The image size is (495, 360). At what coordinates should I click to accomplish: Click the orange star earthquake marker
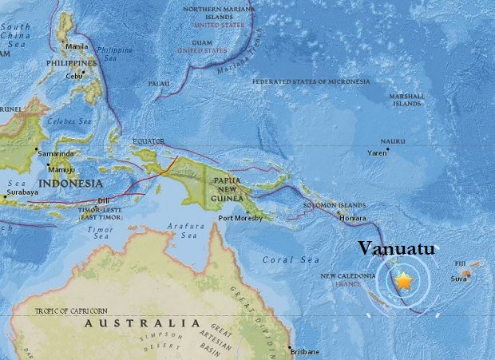pyautogui.click(x=404, y=281)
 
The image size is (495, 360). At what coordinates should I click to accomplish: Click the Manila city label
pyautogui.click(x=77, y=46)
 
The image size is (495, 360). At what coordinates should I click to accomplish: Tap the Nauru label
pyautogui.click(x=393, y=140)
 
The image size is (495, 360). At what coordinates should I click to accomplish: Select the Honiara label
pyautogui.click(x=353, y=218)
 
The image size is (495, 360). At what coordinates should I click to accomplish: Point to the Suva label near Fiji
pyautogui.click(x=458, y=279)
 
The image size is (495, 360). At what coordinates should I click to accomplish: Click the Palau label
pyautogui.click(x=159, y=82)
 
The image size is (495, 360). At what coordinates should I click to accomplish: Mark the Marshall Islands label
pyautogui.click(x=406, y=99)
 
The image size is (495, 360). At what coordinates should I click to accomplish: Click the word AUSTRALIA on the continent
pyautogui.click(x=142, y=322)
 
